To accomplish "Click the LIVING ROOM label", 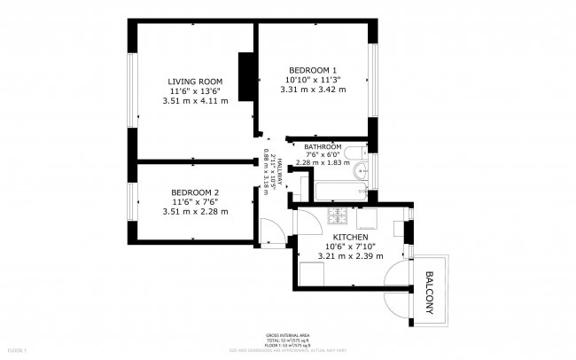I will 195,80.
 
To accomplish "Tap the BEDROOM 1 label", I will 313,69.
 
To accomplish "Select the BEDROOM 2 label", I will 195,192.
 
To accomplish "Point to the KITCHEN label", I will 350,238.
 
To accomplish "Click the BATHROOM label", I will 323,147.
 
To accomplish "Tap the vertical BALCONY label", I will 430,291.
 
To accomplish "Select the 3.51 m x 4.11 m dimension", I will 195,100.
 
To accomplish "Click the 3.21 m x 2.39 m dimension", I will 350,256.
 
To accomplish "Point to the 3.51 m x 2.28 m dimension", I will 195,211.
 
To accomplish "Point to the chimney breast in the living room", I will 245,69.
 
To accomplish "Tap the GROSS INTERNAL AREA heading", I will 287,335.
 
